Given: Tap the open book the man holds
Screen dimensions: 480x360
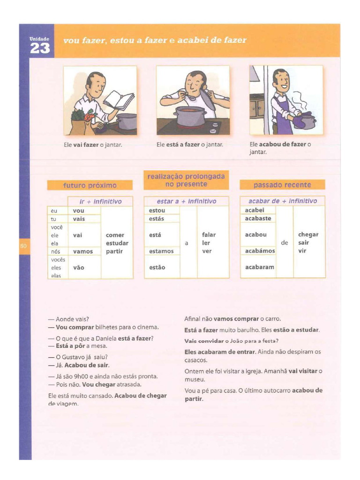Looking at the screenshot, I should (119, 100).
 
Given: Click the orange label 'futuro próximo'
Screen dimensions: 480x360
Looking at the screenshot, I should (90, 185).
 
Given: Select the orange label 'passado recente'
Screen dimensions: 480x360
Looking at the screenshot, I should (282, 185).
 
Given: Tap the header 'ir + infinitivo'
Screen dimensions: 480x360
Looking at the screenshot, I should (100, 201).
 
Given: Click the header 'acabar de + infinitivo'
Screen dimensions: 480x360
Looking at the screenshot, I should (283, 201).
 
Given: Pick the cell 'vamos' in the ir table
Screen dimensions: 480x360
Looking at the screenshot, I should (83, 251).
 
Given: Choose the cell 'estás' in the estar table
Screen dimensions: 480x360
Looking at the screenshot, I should (157, 218).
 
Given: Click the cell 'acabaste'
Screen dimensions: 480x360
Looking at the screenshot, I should (258, 218).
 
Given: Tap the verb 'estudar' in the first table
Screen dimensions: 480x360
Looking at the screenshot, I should (117, 243).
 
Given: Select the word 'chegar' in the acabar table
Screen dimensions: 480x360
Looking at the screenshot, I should (308, 234).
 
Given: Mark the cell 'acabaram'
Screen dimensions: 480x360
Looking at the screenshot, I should (259, 267).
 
